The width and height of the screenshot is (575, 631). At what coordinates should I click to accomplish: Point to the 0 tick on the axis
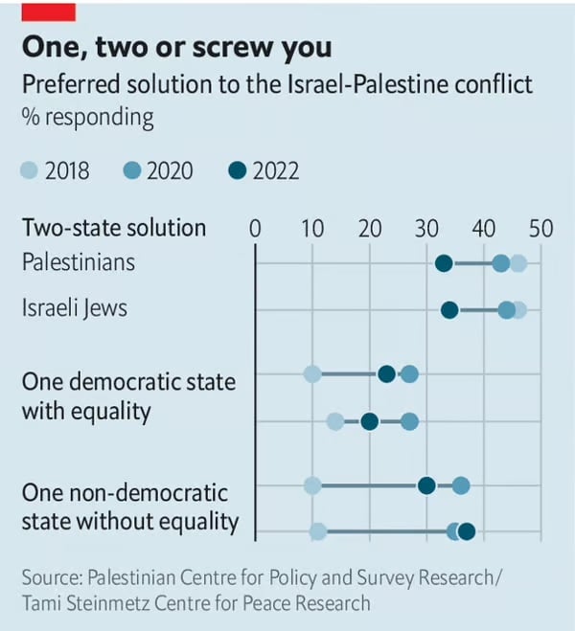click(x=255, y=228)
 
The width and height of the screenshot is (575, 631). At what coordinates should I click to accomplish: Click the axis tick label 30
click(x=426, y=228)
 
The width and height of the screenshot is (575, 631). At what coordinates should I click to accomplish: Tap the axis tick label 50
click(x=541, y=228)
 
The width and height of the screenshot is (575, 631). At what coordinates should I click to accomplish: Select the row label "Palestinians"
click(x=79, y=261)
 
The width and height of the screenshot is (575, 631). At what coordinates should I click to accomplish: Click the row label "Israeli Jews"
click(x=74, y=308)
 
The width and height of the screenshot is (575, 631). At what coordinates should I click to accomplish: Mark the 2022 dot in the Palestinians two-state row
click(x=444, y=263)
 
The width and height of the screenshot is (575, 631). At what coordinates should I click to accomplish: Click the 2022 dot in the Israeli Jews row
click(x=449, y=309)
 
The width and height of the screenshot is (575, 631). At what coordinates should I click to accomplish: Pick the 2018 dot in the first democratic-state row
click(x=312, y=373)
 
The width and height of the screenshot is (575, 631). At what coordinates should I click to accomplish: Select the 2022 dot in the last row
click(x=467, y=531)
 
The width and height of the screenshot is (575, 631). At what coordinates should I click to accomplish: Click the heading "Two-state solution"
click(x=114, y=228)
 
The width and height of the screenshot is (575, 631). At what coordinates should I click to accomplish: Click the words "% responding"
click(x=88, y=118)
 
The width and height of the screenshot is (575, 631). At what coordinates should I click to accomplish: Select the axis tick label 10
click(x=312, y=228)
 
